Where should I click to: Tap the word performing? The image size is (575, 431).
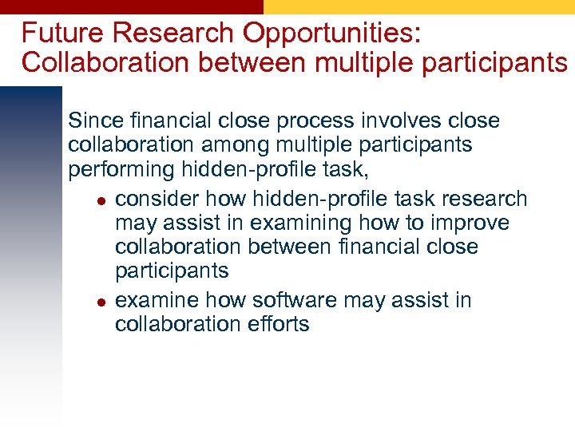coord(121,171)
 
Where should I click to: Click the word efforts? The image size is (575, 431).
coord(280,324)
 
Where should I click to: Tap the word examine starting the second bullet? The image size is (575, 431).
coord(157,300)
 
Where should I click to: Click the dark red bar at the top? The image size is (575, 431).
coord(132,6)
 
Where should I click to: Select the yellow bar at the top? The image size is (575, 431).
coord(419,6)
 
